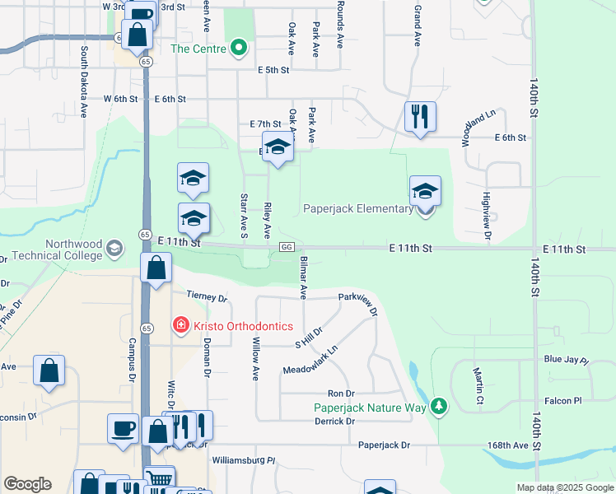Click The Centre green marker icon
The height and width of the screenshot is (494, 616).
(240, 48)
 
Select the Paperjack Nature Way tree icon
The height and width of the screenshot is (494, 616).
(440, 407)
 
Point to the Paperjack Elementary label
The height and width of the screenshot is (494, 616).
(358, 209)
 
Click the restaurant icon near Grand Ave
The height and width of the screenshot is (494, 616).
(420, 117)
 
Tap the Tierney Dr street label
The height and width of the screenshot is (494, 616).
(206, 296)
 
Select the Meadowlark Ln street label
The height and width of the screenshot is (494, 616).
(310, 361)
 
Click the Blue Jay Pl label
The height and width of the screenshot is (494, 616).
(566, 361)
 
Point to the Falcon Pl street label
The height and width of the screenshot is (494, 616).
(565, 400)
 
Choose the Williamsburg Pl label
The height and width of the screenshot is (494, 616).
(243, 460)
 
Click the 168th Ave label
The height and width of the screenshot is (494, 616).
(509, 445)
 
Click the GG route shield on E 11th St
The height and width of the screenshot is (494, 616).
(287, 247)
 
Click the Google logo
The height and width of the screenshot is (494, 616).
(27, 484)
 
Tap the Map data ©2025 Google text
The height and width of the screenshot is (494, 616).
(565, 487)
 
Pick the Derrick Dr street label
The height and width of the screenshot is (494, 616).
(334, 422)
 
